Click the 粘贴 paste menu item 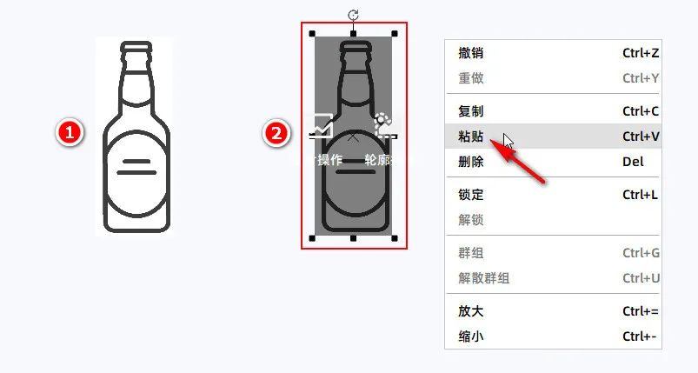tap(470, 137)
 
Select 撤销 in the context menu tap(470, 53)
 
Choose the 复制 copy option tap(470, 110)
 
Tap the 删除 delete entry tap(470, 162)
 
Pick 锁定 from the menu tap(470, 195)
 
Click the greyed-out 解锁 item tap(470, 220)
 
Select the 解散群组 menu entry tap(483, 278)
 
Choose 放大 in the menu tap(470, 311)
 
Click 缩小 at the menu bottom tap(470, 336)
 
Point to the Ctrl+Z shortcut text tap(641, 53)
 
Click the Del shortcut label tap(633, 162)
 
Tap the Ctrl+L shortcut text tap(640, 195)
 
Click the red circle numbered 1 tap(70, 133)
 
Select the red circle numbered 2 tap(276, 133)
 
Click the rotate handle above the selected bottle tap(353, 15)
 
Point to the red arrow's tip tap(490, 141)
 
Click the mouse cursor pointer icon tap(508, 142)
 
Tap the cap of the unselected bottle tap(136, 47)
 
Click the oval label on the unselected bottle tap(136, 173)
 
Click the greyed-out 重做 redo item tap(470, 78)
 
